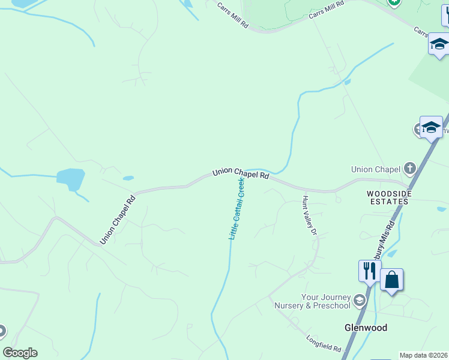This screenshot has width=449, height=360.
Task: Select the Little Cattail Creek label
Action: click(x=237, y=208)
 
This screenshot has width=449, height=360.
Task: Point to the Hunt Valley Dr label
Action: click(x=309, y=214)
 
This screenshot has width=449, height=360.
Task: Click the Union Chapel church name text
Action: click(x=376, y=169)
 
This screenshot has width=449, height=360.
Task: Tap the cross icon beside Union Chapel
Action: click(x=410, y=167)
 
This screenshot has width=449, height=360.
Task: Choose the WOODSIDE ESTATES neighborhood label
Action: click(x=388, y=197)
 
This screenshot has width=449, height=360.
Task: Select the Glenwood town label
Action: click(x=366, y=328)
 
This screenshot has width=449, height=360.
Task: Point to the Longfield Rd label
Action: click(x=323, y=344)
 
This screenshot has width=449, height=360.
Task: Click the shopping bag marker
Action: click(x=391, y=280)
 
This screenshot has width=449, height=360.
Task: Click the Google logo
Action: click(x=20, y=353)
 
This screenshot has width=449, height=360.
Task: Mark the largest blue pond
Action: click(x=70, y=178)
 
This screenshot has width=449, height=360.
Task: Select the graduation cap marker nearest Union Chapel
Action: click(x=431, y=127)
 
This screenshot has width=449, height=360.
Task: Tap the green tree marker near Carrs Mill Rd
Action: click(x=394, y=2)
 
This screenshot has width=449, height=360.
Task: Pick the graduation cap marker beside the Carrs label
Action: click(x=439, y=44)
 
